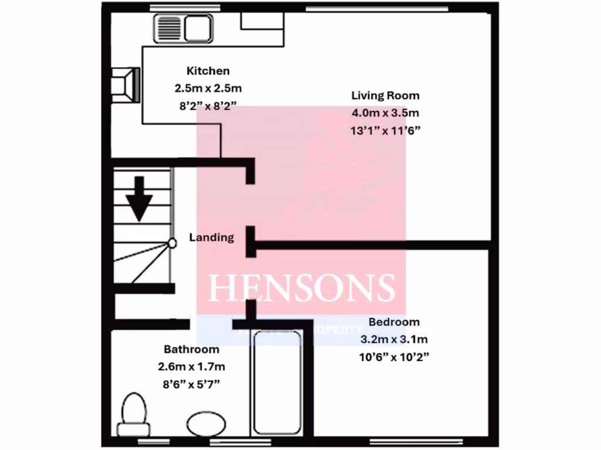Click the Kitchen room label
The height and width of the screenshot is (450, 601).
(208, 71)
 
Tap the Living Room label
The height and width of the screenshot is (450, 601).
(385, 95)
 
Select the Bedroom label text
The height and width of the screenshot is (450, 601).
(394, 322)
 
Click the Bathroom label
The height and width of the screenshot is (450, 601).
(191, 350)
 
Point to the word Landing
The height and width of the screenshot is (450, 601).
(211, 237)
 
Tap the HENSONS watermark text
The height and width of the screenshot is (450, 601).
(302, 287)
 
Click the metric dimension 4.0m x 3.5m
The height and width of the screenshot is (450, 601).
(386, 112)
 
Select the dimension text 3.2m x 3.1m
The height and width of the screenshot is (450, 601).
(394, 339)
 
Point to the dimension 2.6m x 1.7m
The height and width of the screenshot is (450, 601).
(191, 367)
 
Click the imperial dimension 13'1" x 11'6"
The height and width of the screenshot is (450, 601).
(386, 130)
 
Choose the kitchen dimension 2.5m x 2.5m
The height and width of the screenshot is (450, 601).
(208, 88)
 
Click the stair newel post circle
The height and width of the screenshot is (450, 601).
(172, 242)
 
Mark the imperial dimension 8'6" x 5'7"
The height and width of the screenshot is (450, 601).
(191, 385)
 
